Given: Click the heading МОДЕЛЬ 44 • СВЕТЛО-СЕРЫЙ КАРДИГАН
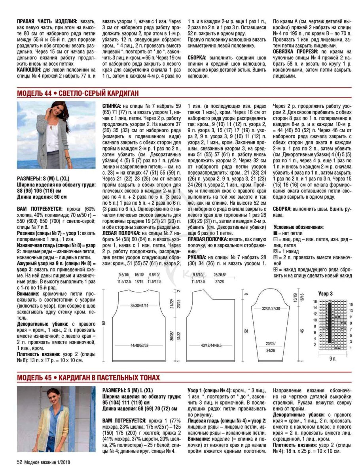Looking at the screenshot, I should [x=78, y=93].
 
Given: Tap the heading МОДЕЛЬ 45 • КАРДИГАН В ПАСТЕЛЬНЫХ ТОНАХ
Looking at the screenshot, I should [x=88, y=378].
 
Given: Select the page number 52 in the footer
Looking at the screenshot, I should [x=19, y=462].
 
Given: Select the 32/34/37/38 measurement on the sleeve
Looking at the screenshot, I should [x=271, y=308].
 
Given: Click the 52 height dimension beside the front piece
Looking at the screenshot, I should [x=245, y=330].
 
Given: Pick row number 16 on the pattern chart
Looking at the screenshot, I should [x=315, y=302].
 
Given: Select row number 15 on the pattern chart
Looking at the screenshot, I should [x=351, y=304].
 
